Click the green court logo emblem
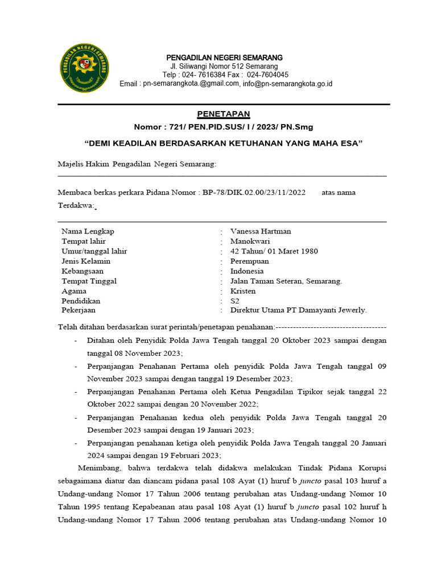click(85, 70)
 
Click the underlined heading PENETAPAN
click(224, 114)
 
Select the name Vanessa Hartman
click(261, 231)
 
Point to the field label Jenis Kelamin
click(86, 261)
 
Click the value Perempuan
click(250, 261)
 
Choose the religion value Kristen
click(243, 291)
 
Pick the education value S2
click(235, 301)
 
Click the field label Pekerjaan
click(79, 310)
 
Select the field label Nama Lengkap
click(88, 231)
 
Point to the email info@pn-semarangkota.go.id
click(287, 84)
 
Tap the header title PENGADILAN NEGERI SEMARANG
click(224, 58)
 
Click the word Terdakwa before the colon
click(75, 206)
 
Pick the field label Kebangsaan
click(83, 271)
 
